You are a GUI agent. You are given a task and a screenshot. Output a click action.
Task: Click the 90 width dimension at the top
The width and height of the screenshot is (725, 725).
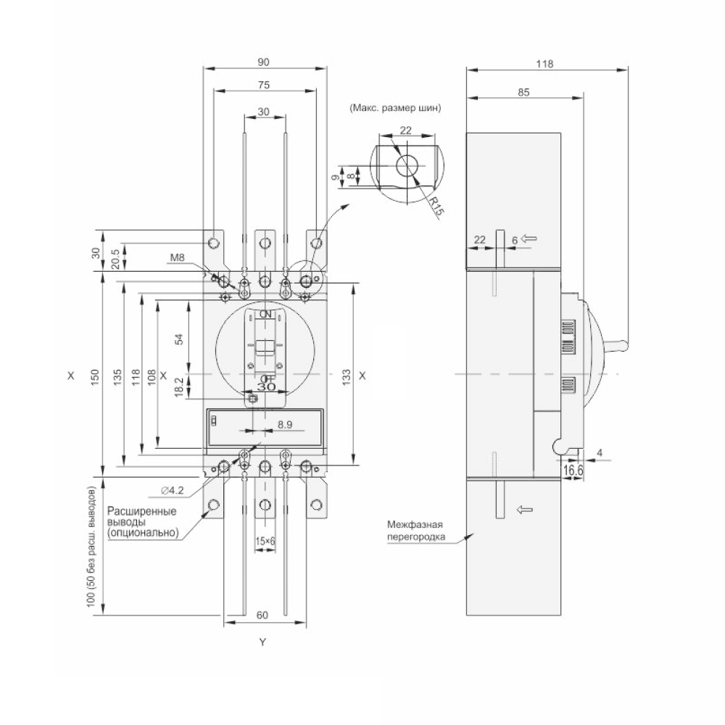pyautogui.click(x=262, y=62)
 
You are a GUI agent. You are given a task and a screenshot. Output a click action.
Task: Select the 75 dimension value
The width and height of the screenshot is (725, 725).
pyautogui.click(x=264, y=85)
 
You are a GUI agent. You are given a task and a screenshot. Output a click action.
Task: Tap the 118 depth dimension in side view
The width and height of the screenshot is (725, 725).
pyautogui.click(x=544, y=64)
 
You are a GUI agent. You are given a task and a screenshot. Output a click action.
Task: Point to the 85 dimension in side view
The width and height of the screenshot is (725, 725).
pyautogui.click(x=523, y=93)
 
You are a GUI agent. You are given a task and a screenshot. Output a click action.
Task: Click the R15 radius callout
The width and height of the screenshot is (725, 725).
pyautogui.click(x=436, y=206)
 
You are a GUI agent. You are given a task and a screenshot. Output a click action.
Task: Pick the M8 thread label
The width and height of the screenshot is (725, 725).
pyautogui.click(x=177, y=257)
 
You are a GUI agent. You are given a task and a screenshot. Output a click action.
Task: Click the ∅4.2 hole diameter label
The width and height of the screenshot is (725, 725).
pyautogui.click(x=173, y=491)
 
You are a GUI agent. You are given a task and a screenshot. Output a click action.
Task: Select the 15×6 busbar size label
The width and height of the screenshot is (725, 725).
pyautogui.click(x=265, y=541)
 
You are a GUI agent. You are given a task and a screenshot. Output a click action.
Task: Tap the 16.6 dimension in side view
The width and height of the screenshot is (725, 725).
pyautogui.click(x=573, y=471)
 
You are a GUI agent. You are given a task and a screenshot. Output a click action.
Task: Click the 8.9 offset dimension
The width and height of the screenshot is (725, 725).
pyautogui.click(x=285, y=424)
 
